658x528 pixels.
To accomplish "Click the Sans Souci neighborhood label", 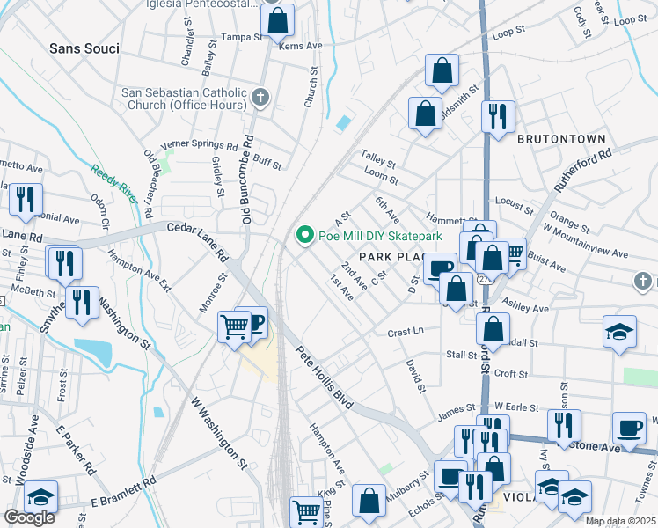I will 84,48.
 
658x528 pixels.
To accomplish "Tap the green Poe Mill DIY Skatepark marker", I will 305,236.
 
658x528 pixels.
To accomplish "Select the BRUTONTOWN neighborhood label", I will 561,139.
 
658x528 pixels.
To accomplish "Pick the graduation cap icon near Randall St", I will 619,332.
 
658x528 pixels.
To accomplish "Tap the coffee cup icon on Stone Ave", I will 628,428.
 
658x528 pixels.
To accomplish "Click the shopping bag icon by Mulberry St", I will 369,500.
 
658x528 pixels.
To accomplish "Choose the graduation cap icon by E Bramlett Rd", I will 40,497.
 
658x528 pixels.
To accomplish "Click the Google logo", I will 29,517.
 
